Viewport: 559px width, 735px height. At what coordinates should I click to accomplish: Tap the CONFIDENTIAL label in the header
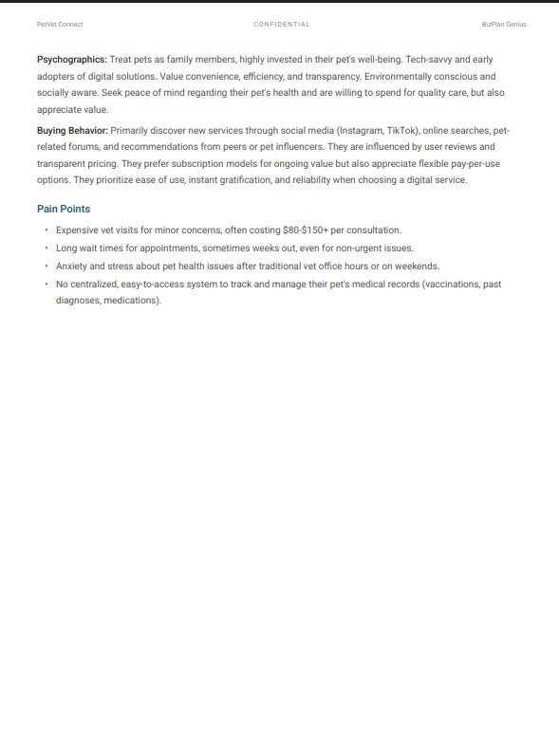coord(282,24)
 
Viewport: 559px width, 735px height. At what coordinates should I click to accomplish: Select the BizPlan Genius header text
coord(504,24)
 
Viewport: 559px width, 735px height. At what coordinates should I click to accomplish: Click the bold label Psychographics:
coord(71,59)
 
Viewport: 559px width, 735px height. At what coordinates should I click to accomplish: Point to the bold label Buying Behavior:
coord(72,130)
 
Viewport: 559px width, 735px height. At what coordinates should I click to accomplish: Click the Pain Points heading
coord(64,209)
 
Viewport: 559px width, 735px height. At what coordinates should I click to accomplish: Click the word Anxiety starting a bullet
coord(72,266)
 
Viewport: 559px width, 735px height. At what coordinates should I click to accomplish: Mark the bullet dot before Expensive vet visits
coord(46,230)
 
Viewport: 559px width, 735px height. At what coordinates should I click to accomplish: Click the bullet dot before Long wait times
coord(46,248)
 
